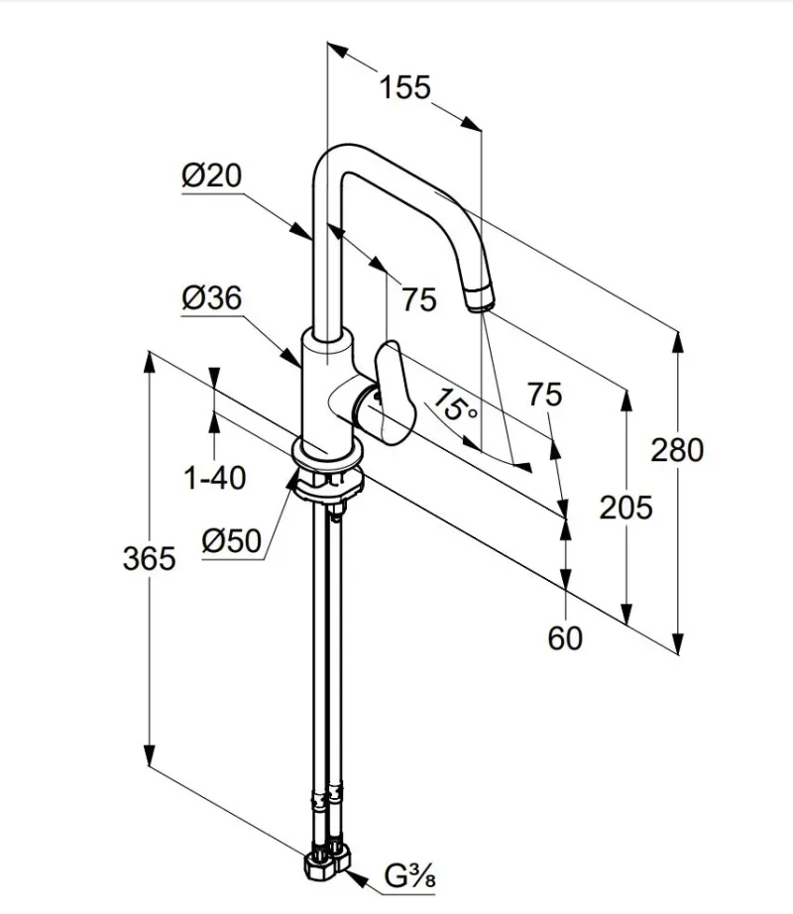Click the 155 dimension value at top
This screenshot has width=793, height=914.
tap(405, 87)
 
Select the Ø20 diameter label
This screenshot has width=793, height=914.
tap(211, 174)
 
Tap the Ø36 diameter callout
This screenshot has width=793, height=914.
tap(211, 297)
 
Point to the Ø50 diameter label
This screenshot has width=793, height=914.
tap(231, 541)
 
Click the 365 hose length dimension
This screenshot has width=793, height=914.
tap(149, 558)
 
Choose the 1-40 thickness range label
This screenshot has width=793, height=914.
tap(214, 478)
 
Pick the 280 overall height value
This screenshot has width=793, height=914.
tap(677, 450)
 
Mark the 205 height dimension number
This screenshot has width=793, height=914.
tap(625, 508)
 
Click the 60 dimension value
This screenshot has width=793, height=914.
tap(565, 638)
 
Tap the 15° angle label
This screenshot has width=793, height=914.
tap(455, 404)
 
